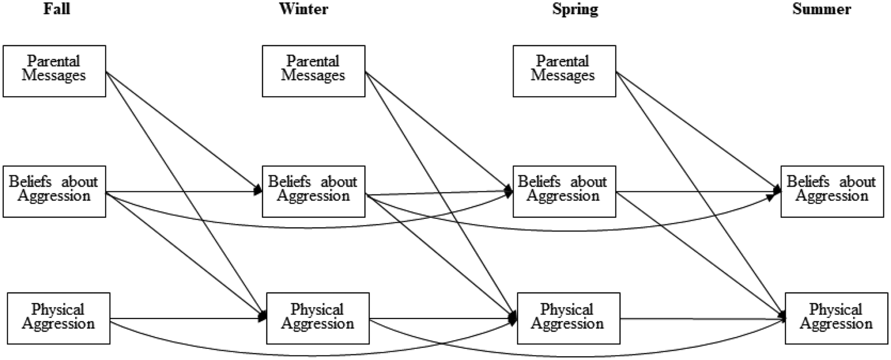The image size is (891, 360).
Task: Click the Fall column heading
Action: tap(57, 9)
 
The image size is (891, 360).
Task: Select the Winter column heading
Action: tap(303, 9)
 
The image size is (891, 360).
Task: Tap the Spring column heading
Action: tap(575, 9)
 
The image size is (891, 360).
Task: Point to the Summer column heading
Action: tap(822, 9)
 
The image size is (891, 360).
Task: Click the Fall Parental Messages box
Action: tap(54, 71)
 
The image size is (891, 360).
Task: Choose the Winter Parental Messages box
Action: tap(313, 71)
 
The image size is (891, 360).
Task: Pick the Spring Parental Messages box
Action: tap(564, 71)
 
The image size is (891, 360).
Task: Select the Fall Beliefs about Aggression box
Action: tap(54, 191)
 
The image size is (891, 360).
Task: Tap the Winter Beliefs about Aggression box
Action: tap(313, 191)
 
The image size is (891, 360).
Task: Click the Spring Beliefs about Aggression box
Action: tap(564, 191)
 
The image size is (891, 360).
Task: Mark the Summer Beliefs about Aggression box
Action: tap(832, 191)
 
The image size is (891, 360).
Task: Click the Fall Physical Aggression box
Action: tap(58, 318)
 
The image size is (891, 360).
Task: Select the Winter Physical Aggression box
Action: tap(318, 318)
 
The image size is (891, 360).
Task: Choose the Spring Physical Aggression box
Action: tap(568, 318)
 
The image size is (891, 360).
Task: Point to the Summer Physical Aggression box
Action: tap(836, 318)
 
